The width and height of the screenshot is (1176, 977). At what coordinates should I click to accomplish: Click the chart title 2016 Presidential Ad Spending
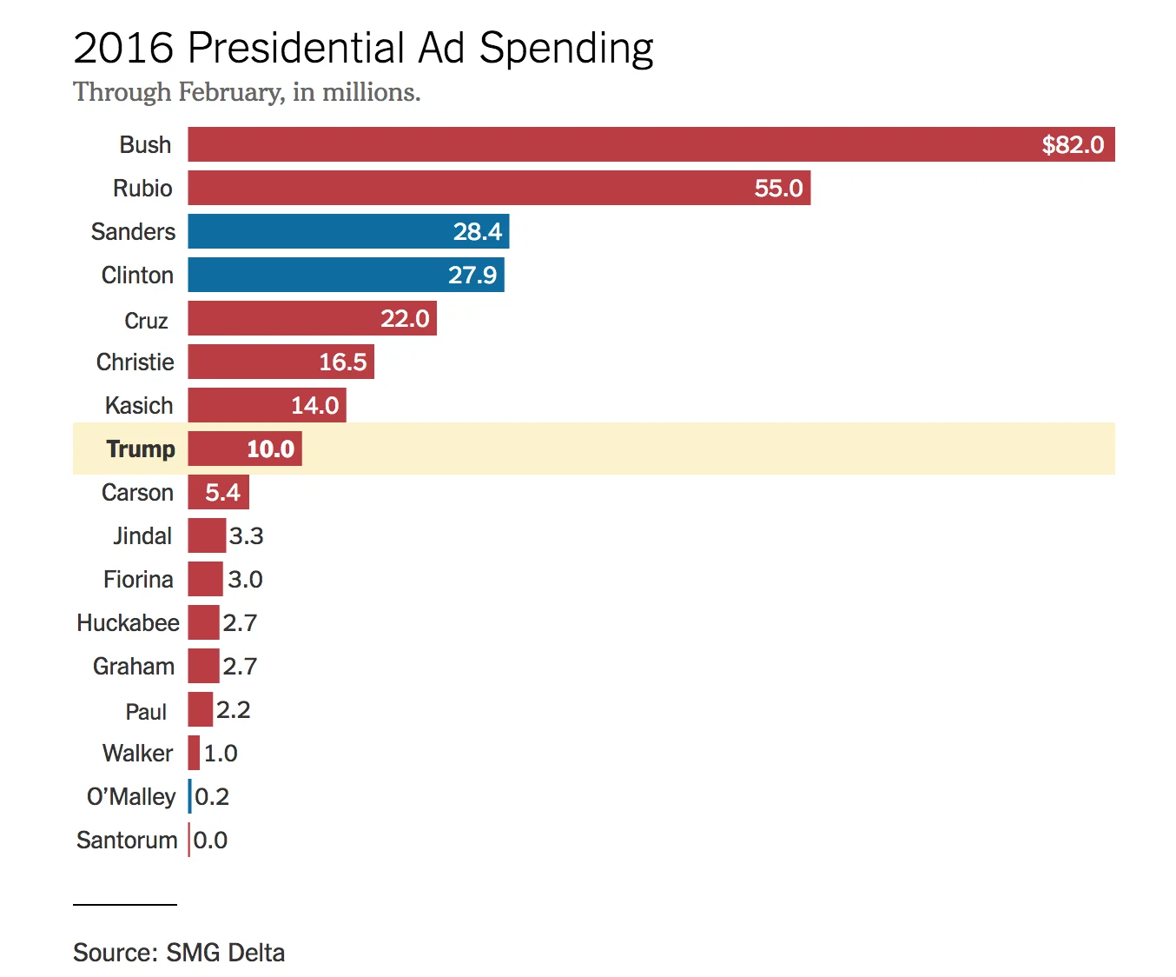click(x=363, y=49)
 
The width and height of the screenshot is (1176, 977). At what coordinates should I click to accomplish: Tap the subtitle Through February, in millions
click(x=247, y=92)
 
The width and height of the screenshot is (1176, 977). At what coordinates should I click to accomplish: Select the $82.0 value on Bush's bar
click(x=1072, y=145)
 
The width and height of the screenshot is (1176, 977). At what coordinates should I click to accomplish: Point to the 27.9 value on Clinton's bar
click(x=472, y=276)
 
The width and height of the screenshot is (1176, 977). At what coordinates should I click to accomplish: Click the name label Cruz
click(x=146, y=321)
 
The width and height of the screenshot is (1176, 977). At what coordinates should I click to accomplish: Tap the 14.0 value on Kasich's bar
click(x=314, y=406)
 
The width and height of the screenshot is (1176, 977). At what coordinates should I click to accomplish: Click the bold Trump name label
click(x=141, y=449)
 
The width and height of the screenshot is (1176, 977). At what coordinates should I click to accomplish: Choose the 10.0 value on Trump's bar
click(x=270, y=449)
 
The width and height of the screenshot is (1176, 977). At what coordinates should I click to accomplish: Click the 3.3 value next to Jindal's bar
click(x=246, y=536)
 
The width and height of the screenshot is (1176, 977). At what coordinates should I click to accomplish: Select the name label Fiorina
click(x=138, y=580)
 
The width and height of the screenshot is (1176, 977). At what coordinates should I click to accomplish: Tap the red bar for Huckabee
click(x=203, y=622)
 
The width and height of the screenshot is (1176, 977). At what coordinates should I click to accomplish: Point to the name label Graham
click(x=134, y=667)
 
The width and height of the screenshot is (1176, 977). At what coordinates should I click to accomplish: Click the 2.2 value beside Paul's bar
click(x=233, y=710)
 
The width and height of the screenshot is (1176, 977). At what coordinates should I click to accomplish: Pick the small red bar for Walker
click(x=194, y=753)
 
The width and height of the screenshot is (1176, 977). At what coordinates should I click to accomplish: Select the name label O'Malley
click(x=131, y=797)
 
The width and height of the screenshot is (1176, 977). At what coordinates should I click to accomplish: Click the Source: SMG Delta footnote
click(x=179, y=953)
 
